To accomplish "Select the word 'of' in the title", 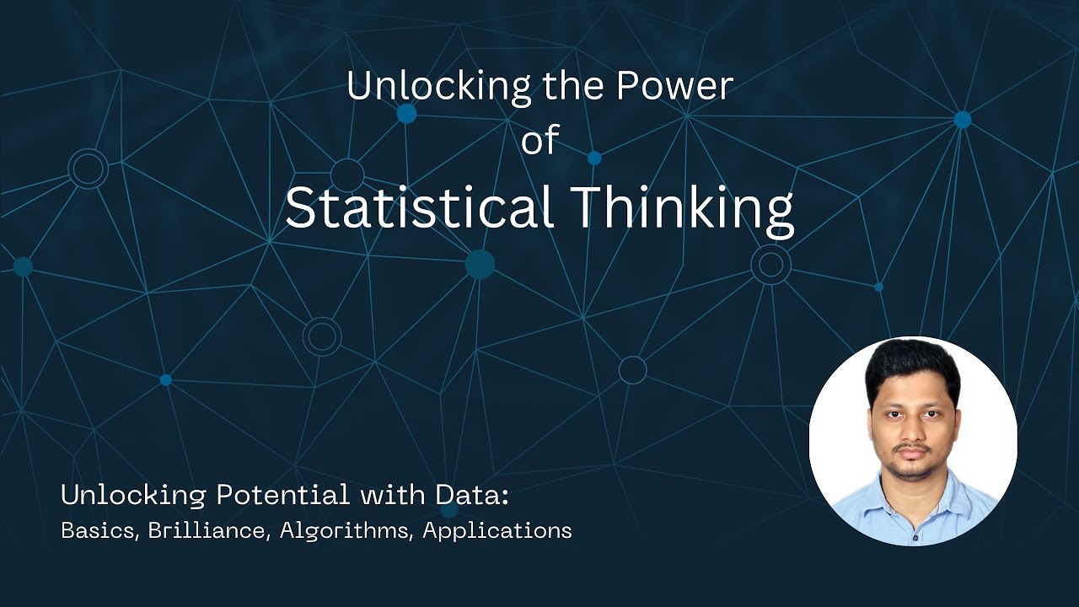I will pyautogui.click(x=539, y=140).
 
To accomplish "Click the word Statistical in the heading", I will pyautogui.click(x=418, y=207).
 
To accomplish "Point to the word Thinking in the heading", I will pyautogui.click(x=681, y=207).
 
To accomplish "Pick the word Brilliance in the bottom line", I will pyautogui.click(x=206, y=531).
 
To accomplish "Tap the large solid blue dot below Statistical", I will pyautogui.click(x=480, y=264).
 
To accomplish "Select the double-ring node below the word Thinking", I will pyautogui.click(x=770, y=265).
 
